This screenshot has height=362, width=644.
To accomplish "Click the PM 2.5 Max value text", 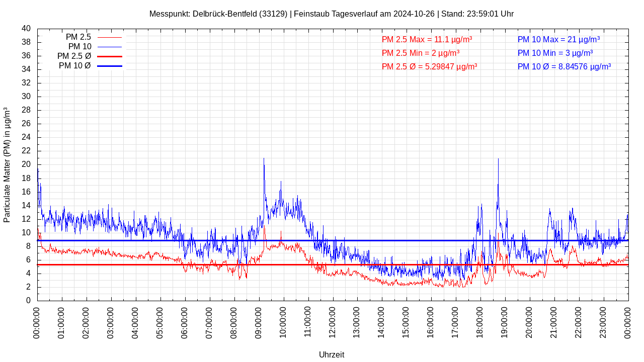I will tap(427, 39).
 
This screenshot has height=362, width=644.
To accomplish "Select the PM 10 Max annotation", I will tap(558, 39).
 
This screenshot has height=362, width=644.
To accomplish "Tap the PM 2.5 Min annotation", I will tap(420, 53).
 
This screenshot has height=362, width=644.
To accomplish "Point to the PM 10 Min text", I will tap(555, 53).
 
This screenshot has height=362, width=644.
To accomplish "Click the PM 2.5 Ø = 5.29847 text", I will tap(429, 66).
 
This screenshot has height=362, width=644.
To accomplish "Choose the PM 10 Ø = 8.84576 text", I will tap(564, 66).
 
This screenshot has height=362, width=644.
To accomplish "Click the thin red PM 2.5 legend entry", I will tap(94, 37).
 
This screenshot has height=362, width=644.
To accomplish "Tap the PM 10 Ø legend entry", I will tap(90, 66).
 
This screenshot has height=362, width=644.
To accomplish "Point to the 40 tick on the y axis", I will tap(26, 29).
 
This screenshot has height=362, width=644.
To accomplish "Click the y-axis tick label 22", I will tap(26, 151).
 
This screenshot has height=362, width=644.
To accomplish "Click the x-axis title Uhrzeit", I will tap(332, 354).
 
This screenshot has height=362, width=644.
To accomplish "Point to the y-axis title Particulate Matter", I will tap(7, 165).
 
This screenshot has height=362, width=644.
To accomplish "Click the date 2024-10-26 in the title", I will tap(414, 14).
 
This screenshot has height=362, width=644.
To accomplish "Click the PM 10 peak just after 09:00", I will tap(264, 159).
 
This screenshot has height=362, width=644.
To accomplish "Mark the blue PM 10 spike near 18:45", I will tap(498, 159).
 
